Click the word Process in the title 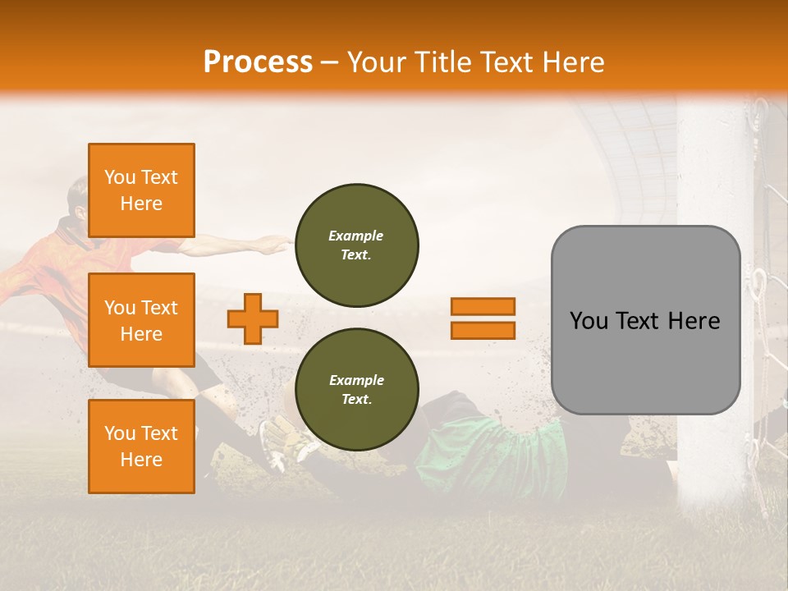(258, 62)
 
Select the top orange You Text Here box (141, 190)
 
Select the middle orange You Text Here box (141, 320)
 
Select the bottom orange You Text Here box (141, 446)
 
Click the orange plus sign (253, 318)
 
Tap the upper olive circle (356, 245)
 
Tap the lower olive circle (356, 390)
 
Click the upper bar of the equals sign (483, 307)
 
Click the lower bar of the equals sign (483, 330)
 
